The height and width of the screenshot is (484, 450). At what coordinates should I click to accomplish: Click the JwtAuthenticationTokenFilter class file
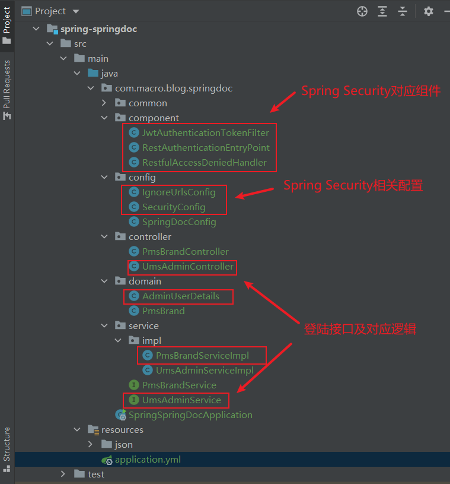pyautogui.click(x=205, y=133)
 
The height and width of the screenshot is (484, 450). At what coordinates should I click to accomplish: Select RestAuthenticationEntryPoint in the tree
pyautogui.click(x=206, y=148)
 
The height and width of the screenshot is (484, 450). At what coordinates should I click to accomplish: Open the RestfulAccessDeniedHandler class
pyautogui.click(x=204, y=163)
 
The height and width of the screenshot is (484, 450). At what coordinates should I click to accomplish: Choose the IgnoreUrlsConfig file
pyautogui.click(x=178, y=192)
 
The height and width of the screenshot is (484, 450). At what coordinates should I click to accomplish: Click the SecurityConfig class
pyautogui.click(x=174, y=207)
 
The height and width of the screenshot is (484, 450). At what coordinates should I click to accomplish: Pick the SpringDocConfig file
pyautogui.click(x=179, y=222)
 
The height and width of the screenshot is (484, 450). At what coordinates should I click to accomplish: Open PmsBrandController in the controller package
pyautogui.click(x=185, y=252)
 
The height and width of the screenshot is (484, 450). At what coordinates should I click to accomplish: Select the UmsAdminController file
pyautogui.click(x=187, y=267)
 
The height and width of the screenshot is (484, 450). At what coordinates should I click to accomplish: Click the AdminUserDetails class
pyautogui.click(x=180, y=296)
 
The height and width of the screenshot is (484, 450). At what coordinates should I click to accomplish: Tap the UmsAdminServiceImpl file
pyautogui.click(x=205, y=371)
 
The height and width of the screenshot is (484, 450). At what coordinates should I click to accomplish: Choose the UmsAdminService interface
pyautogui.click(x=181, y=400)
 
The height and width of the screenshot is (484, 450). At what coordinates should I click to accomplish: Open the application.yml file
pyautogui.click(x=148, y=460)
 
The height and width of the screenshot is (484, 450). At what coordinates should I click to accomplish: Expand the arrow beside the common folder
pyautogui.click(x=104, y=103)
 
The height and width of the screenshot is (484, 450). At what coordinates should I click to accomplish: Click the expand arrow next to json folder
pyautogui.click(x=90, y=444)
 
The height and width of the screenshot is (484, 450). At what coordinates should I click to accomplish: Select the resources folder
pyautogui.click(x=122, y=430)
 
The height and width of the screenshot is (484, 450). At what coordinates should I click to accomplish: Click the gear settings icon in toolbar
pyautogui.click(x=429, y=11)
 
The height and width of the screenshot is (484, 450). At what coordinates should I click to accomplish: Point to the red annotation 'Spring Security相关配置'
pyautogui.click(x=353, y=185)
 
